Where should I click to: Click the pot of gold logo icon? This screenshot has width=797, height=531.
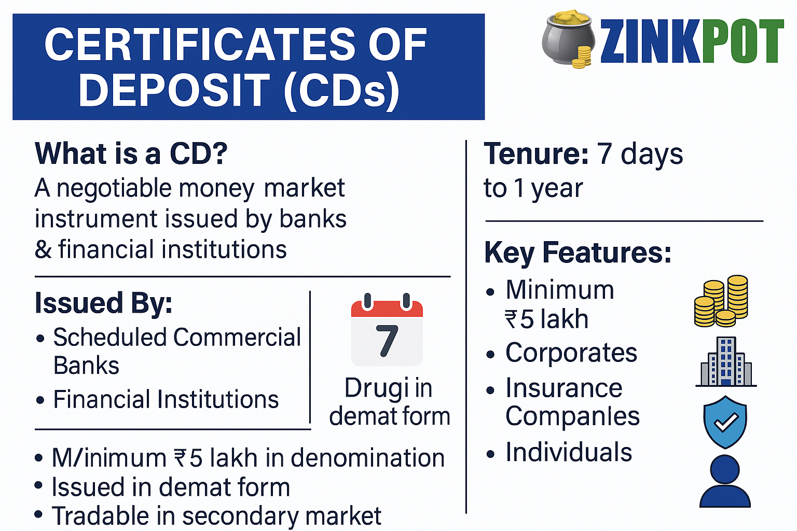pyautogui.click(x=568, y=39)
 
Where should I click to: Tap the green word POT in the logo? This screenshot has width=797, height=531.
pyautogui.click(x=743, y=41)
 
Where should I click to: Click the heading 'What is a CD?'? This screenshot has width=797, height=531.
pyautogui.click(x=131, y=153)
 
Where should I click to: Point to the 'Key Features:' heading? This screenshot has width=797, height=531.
pyautogui.click(x=578, y=253)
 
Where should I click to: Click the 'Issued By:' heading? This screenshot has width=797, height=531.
pyautogui.click(x=104, y=303)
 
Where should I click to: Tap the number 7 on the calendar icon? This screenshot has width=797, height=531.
pyautogui.click(x=387, y=341)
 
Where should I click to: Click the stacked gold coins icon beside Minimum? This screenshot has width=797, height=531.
pyautogui.click(x=721, y=301)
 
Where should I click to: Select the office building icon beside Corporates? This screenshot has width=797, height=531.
pyautogui.click(x=726, y=362)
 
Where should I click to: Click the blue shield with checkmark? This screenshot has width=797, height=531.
pyautogui.click(x=725, y=422)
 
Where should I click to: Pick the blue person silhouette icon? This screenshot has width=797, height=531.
pyautogui.click(x=725, y=481)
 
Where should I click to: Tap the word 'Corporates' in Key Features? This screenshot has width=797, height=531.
pyautogui.click(x=571, y=353)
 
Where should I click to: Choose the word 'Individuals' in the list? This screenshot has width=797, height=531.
pyautogui.click(x=569, y=452)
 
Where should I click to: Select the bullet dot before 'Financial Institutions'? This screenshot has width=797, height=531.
pyautogui.click(x=40, y=400)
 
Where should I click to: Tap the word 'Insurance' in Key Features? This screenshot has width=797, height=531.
pyautogui.click(x=564, y=388)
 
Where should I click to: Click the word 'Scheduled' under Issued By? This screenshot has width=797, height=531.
pyautogui.click(x=110, y=337)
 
